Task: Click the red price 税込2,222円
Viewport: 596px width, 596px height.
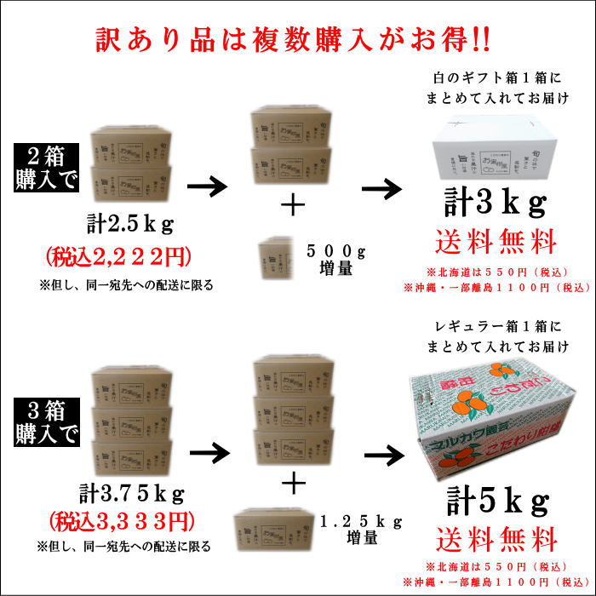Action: [130, 255]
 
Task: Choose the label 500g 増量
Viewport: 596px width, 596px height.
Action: [335, 261]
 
